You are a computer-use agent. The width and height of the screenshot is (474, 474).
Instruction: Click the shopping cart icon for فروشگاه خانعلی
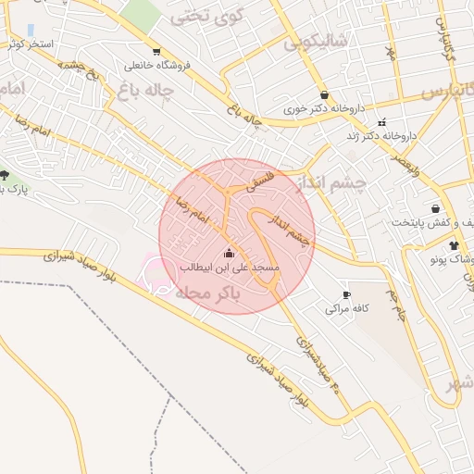(x=156, y=52)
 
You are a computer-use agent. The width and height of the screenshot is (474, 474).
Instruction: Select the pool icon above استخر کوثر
(x=32, y=30)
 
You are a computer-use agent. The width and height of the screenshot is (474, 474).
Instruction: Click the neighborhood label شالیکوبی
(x=315, y=42)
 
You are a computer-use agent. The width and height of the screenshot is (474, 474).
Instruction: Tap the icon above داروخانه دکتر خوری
(x=324, y=94)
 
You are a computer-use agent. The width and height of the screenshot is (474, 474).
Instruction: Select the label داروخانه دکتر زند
(x=382, y=135)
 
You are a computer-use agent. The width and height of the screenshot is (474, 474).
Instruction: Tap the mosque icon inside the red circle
(x=229, y=253)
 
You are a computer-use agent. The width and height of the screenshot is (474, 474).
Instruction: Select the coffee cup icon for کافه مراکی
(x=346, y=294)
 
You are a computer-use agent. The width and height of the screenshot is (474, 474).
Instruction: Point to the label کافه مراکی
(x=347, y=308)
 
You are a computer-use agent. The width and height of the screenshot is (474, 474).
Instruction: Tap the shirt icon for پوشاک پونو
(x=454, y=245)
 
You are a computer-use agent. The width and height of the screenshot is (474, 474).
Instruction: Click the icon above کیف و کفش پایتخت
(x=435, y=208)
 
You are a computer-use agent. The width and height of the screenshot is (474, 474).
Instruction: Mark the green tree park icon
(x=5, y=175)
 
